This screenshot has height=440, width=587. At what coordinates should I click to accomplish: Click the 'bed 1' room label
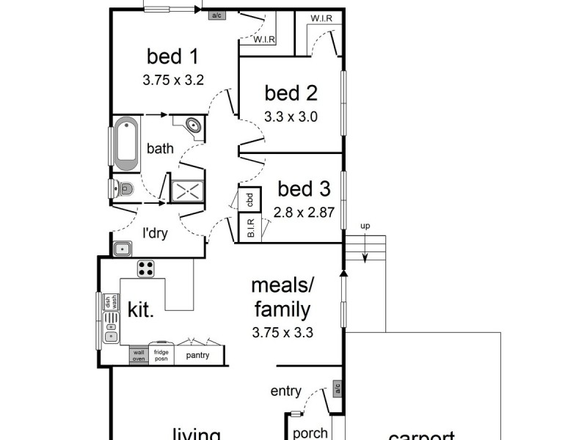point(173,56)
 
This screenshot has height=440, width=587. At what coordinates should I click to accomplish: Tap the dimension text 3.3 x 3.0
point(291,116)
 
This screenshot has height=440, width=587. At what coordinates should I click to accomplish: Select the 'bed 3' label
point(304,189)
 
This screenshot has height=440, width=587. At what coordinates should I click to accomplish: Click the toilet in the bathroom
point(123,188)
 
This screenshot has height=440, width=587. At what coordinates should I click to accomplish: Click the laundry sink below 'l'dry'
point(122,248)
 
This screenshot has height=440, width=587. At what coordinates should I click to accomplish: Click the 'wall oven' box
point(139,356)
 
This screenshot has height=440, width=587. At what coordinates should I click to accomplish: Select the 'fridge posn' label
point(161,355)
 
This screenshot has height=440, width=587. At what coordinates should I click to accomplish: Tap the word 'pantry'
point(198,356)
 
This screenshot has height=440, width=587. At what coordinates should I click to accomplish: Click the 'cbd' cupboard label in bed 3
point(249,199)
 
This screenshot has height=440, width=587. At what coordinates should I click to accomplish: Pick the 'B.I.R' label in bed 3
point(250,230)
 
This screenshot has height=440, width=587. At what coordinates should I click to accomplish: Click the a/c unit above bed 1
point(216,15)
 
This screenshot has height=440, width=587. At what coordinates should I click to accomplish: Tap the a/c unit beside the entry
point(338,387)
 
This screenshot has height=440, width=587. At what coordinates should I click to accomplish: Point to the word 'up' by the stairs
point(364,225)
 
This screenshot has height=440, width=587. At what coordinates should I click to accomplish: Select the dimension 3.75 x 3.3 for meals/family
point(282,331)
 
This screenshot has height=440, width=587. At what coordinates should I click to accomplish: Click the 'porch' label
point(310,433)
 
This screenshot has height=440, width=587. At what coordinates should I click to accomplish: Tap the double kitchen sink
point(112,327)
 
